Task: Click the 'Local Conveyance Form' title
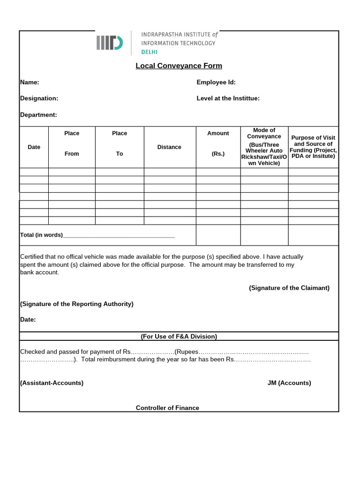(179, 66)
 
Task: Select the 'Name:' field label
(30, 82)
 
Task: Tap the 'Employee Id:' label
(216, 82)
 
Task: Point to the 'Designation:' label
(39, 98)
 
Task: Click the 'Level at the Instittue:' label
(228, 98)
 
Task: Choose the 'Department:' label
(38, 115)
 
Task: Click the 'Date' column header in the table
(34, 147)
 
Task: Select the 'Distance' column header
(169, 147)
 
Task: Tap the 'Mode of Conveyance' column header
(264, 133)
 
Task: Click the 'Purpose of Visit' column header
(313, 138)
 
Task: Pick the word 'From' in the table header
(72, 154)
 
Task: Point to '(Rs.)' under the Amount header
(218, 154)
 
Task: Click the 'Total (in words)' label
(41, 235)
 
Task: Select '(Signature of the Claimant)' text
(289, 288)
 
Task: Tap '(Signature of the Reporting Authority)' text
(76, 304)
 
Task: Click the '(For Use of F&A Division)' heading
(179, 337)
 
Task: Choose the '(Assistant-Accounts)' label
(52, 383)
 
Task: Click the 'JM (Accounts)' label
(289, 383)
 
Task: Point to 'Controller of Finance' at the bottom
(167, 408)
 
